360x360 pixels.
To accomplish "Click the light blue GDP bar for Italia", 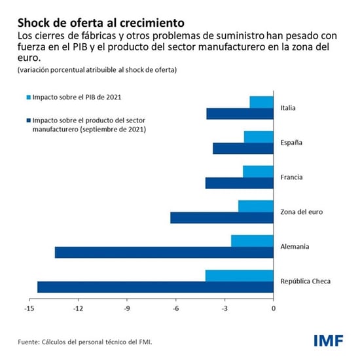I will tap(262, 102).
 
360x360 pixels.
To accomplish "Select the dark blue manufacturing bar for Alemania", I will tap(164, 252).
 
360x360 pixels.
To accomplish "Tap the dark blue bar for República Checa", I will tap(155, 287).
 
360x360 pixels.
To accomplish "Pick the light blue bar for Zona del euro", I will tap(256, 206).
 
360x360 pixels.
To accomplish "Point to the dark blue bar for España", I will tap(243, 149).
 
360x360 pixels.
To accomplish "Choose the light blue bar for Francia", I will tap(258, 171).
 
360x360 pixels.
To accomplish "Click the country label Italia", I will tap(289, 108).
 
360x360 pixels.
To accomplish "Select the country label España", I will tap(291, 143).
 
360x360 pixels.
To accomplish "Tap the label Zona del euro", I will tap(301, 212).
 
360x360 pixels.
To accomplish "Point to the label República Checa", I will tap(305, 281).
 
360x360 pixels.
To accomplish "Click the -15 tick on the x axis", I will tap(29, 306).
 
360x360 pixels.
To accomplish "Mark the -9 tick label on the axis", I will tap(127, 306).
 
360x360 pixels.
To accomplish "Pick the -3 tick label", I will tap(225, 306).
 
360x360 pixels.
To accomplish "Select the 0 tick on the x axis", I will tap(274, 306).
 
